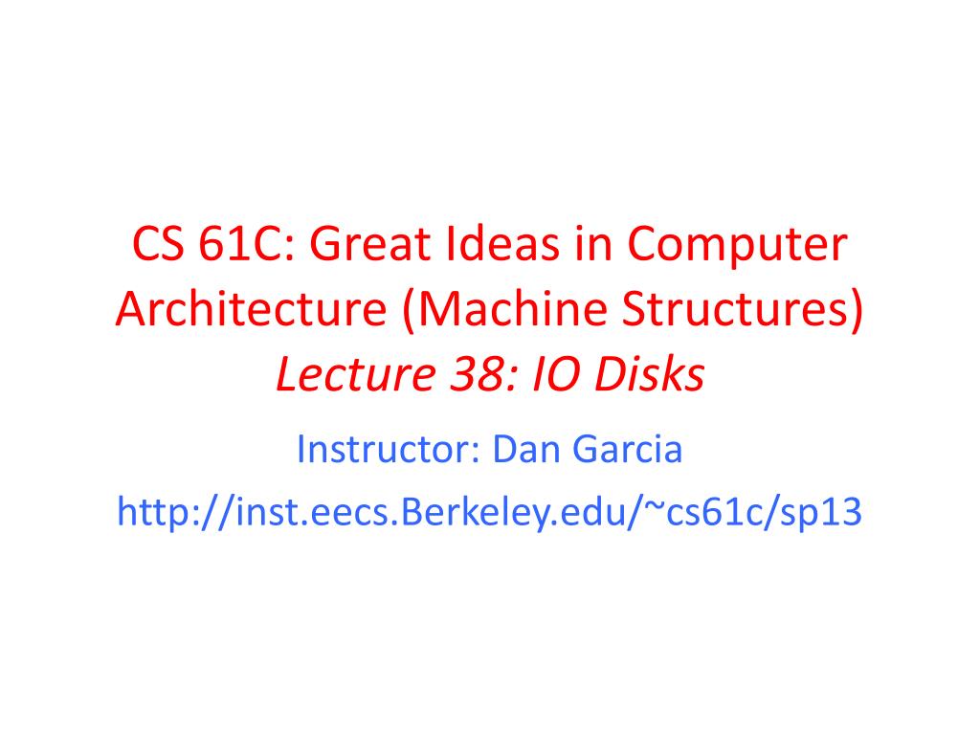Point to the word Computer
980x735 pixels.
click(x=738, y=247)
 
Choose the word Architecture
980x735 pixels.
click(x=246, y=311)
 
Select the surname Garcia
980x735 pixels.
click(x=628, y=448)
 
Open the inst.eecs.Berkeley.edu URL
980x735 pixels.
click(x=489, y=513)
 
